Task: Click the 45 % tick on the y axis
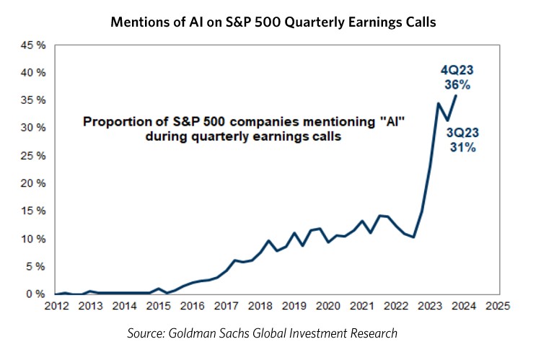35,45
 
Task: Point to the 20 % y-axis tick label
35,183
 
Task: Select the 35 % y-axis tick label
35,100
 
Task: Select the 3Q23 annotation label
461,133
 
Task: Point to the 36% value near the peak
457,84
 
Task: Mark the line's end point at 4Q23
455,96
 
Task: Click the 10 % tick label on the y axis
35,239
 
